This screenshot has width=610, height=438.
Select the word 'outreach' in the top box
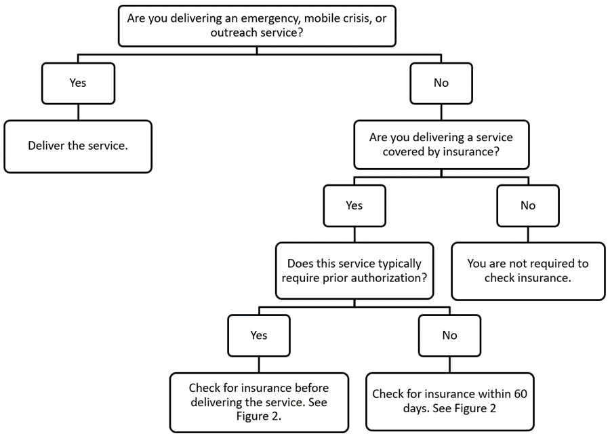pos(148,33)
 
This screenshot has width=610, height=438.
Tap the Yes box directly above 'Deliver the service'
pos(78,83)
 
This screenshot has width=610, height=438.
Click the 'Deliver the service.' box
pos(78,146)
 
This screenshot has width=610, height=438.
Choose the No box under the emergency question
pos(441,83)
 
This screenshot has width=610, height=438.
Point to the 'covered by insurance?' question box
pos(441,144)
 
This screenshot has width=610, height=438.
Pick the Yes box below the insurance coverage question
pos(354,205)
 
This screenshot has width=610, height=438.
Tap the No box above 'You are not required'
pos(528,205)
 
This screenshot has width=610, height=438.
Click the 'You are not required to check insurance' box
pos(528,271)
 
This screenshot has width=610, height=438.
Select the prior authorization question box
pos(354,271)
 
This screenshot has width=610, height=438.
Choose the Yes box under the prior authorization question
pos(258,335)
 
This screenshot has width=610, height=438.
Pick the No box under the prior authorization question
pos(449,335)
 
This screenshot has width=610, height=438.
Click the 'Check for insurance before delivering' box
pos(258,401)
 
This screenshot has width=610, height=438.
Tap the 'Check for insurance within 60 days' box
pos(449,401)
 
